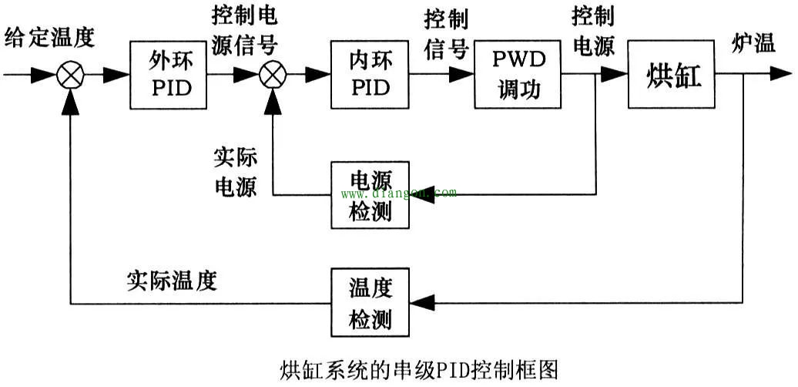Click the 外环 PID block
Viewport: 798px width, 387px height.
tap(170, 75)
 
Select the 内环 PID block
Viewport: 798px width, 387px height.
tap(370, 75)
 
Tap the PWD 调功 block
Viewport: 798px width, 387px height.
tap(518, 75)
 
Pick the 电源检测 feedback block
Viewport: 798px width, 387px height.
tap(370, 194)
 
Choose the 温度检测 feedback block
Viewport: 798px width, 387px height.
tap(370, 302)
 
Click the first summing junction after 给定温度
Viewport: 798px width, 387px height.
tap(70, 75)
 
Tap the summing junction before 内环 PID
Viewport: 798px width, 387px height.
tap(272, 75)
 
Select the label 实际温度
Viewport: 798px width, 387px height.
tap(172, 281)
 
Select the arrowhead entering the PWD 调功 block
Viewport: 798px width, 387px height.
tap(462, 75)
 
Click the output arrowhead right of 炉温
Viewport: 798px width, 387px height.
tap(781, 75)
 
